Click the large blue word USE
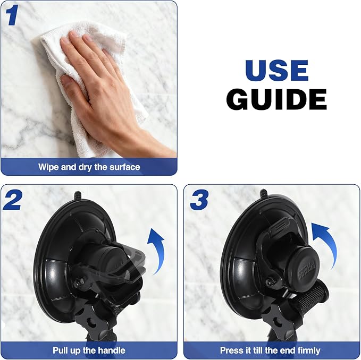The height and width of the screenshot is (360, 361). click(x=277, y=70)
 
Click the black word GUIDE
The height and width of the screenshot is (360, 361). click(x=276, y=99)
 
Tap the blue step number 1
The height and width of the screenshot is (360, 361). click(x=12, y=15)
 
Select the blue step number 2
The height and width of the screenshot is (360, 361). click(x=12, y=200)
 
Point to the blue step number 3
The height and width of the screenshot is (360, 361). click(x=199, y=200)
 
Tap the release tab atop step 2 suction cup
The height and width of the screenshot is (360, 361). click(x=78, y=195)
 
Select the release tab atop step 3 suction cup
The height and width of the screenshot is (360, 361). click(x=264, y=193)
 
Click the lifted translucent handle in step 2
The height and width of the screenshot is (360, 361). click(x=129, y=264)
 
